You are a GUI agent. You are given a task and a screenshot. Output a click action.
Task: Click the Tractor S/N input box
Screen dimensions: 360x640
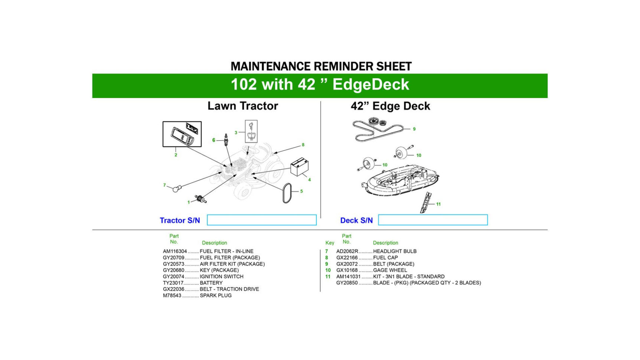coord(261,220)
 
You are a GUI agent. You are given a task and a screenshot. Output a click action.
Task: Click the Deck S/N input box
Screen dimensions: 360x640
coord(432,220)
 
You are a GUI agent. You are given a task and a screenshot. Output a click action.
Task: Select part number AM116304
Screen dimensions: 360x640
coord(175,251)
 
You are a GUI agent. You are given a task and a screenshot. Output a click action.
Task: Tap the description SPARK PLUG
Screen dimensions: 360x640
coord(216,295)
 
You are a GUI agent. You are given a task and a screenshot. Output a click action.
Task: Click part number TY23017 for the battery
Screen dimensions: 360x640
coord(173,283)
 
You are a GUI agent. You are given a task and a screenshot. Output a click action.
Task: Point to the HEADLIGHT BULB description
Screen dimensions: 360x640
coord(395,251)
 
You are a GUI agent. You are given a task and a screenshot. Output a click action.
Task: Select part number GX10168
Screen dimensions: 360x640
coord(347,270)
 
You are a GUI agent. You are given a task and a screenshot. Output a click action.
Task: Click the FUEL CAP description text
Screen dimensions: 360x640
coord(385,258)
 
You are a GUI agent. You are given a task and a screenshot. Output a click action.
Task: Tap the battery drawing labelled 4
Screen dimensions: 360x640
coord(299,167)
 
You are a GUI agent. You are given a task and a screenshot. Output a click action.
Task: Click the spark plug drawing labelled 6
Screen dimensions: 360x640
coord(226,140)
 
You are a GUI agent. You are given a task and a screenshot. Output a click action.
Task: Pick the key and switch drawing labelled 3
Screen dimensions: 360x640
coord(251,131)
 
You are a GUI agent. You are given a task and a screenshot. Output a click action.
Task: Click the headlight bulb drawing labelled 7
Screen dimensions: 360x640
coord(176,189)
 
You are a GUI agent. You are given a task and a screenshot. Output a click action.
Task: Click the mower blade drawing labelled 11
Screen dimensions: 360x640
coord(426,202)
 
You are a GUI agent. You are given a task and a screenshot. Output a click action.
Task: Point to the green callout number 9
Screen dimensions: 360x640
coord(414,129)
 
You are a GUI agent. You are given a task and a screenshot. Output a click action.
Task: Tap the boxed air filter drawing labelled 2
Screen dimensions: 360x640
coord(182,134)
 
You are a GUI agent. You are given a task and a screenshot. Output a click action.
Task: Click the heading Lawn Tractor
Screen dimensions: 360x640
coord(242,106)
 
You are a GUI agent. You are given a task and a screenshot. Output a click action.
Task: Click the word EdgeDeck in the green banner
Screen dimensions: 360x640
coord(370,85)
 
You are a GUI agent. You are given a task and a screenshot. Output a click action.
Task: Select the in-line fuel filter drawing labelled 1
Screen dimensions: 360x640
coord(201,199)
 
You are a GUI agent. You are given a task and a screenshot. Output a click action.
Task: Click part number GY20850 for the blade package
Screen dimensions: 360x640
coord(347,283)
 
